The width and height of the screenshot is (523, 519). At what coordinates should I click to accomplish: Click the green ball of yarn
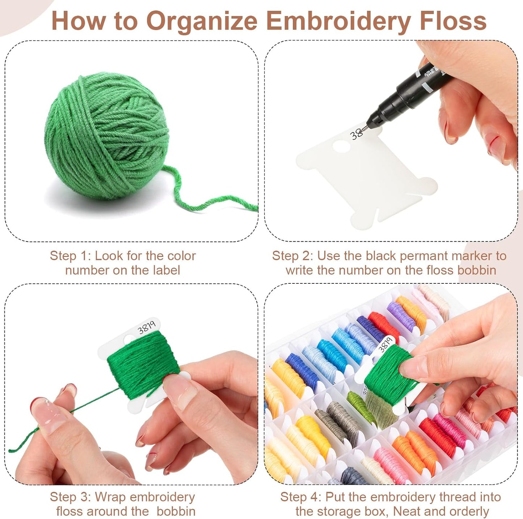(x=107, y=136)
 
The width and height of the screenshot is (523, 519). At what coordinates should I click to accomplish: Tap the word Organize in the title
(x=201, y=21)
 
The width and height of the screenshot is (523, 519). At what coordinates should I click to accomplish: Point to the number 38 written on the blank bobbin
(x=356, y=134)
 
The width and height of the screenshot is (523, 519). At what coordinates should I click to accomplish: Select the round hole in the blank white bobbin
(x=341, y=146)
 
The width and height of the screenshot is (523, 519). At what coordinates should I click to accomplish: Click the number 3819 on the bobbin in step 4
(x=385, y=344)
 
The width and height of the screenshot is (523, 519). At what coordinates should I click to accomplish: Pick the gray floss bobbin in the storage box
(x=338, y=420)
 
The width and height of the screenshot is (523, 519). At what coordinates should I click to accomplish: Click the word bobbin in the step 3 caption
(x=176, y=511)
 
